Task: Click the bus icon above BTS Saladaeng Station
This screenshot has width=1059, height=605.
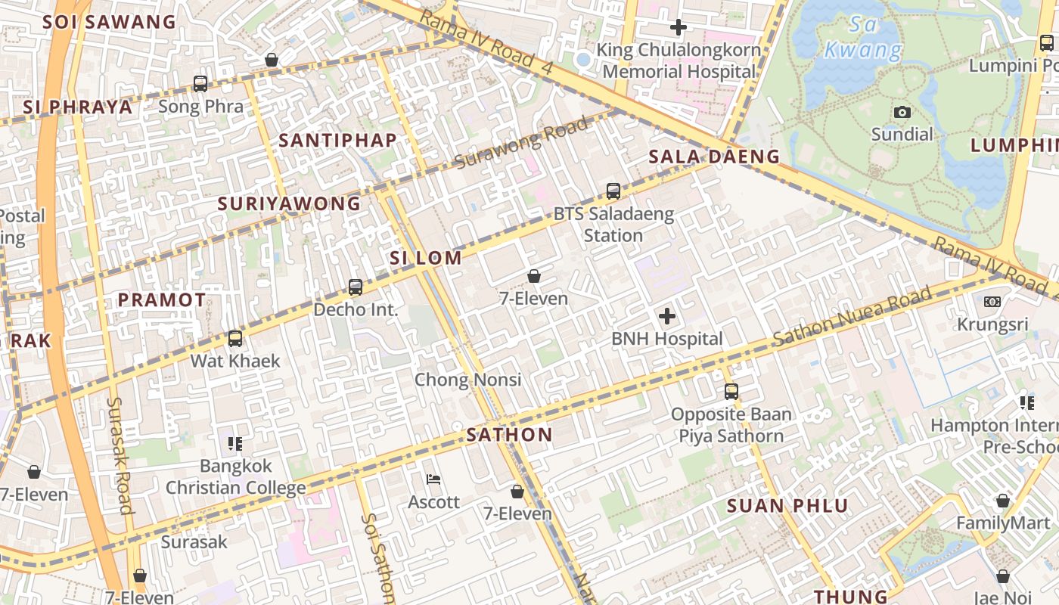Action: pos(613,191)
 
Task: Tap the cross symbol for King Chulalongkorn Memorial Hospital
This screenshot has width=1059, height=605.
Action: pos(679,28)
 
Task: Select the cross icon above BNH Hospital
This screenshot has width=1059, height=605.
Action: pos(667,316)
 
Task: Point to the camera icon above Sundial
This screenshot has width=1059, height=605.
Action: pos(902,113)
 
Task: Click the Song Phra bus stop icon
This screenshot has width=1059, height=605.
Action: pos(200,84)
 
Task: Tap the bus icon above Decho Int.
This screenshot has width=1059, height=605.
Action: pos(356,287)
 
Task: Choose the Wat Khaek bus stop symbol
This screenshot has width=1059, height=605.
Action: pos(235,339)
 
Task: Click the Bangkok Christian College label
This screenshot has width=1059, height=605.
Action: pos(235,476)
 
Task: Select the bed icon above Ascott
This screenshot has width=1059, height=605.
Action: pos(433,479)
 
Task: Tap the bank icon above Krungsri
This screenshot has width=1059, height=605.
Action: pos(992,302)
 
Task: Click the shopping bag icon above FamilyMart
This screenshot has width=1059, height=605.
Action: pos(1002,501)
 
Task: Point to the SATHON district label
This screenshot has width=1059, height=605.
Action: pos(509,435)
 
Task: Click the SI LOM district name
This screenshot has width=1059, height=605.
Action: pos(426,258)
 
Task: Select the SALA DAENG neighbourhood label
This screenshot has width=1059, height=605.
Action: pos(714,157)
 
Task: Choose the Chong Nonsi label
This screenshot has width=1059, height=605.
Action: pos(467,379)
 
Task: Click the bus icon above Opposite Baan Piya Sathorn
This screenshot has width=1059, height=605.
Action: pos(731,392)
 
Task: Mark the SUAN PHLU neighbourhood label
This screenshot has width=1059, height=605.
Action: pos(787,506)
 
